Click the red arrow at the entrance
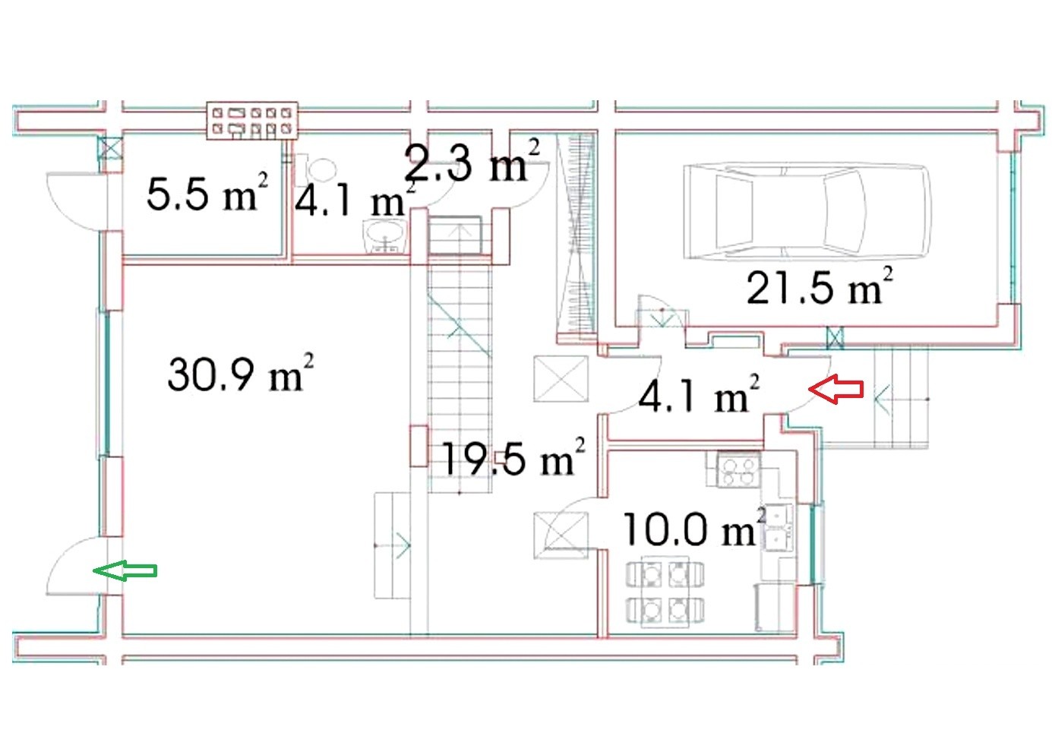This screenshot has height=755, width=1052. [836, 389]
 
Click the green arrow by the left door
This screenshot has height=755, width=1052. [125, 570]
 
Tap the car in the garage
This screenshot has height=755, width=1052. [807, 211]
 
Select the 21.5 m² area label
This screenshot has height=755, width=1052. [820, 287]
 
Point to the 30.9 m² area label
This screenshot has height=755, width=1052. [240, 373]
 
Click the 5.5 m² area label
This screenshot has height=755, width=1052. [207, 192]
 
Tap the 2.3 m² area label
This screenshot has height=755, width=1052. [472, 161]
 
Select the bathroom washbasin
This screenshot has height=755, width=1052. [385, 237]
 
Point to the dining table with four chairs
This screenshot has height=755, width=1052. [665, 591]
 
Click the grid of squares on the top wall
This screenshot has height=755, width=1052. [253, 120]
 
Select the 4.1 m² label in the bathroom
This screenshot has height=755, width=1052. [355, 200]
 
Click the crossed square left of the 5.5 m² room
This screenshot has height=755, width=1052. [112, 147]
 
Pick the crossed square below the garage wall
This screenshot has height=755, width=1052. [835, 338]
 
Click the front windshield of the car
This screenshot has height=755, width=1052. [845, 211]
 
